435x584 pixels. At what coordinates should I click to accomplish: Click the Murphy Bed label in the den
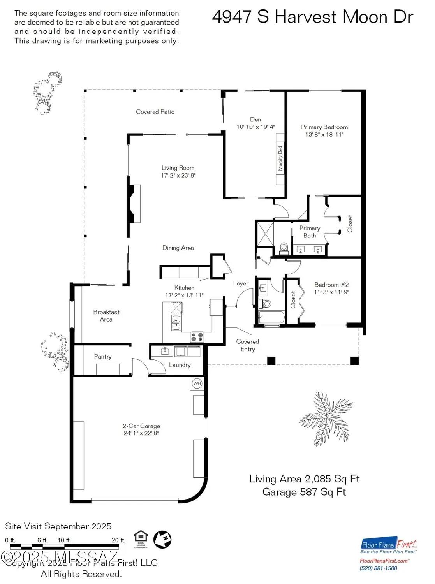(280, 158)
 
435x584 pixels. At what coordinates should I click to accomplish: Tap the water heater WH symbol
(197, 383)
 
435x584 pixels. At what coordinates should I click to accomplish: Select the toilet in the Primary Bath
(284, 248)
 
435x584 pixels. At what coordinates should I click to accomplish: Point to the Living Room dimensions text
(178, 175)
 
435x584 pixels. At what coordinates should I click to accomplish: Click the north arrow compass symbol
(162, 540)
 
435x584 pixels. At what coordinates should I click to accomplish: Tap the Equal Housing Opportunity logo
(141, 539)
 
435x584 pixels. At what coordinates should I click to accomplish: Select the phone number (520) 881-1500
(378, 568)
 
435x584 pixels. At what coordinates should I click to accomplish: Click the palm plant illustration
(326, 419)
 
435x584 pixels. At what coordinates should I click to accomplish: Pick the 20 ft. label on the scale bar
(118, 540)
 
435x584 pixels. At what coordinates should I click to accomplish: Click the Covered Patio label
(155, 112)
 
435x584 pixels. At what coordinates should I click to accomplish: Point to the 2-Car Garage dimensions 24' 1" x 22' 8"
(141, 433)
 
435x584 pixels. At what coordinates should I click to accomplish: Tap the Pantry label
(103, 357)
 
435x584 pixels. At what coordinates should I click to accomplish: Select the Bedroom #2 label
(331, 285)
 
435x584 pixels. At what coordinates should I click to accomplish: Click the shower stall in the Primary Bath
(265, 234)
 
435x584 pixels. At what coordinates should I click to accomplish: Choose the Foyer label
(241, 283)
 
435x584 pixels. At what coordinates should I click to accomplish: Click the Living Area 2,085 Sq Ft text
(304, 479)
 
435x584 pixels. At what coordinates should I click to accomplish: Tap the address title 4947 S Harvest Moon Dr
(312, 17)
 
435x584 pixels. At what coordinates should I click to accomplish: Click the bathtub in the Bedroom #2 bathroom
(271, 317)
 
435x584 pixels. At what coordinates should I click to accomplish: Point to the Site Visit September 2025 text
(58, 526)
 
